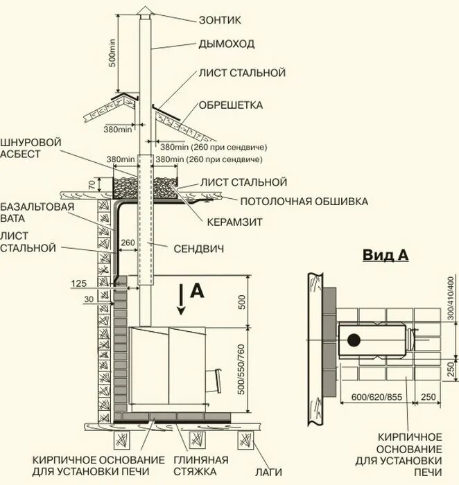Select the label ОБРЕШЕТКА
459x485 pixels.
(x=231, y=105)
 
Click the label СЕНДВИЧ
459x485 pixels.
(x=198, y=247)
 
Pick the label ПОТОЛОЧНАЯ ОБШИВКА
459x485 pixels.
(x=304, y=202)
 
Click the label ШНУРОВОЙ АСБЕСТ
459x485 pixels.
(x=31, y=148)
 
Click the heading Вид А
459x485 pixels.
(x=386, y=255)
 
